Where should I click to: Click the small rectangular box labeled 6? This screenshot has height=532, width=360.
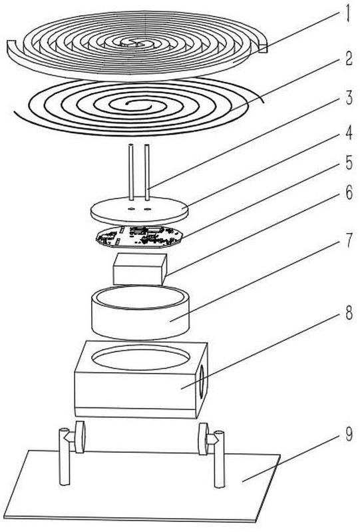click(x=140, y=269)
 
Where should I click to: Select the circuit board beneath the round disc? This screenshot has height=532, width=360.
click(x=139, y=236)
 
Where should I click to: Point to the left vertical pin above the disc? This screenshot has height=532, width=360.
click(x=131, y=172)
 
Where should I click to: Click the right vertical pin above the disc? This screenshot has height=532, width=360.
click(x=147, y=172)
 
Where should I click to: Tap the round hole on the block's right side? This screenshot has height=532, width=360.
click(x=202, y=382)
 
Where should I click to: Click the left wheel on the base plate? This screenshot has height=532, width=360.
click(x=80, y=437)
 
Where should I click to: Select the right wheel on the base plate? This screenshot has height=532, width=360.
click(x=204, y=439)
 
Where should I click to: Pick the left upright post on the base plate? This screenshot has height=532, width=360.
click(x=64, y=456)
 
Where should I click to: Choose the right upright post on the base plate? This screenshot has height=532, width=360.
click(x=219, y=459)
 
